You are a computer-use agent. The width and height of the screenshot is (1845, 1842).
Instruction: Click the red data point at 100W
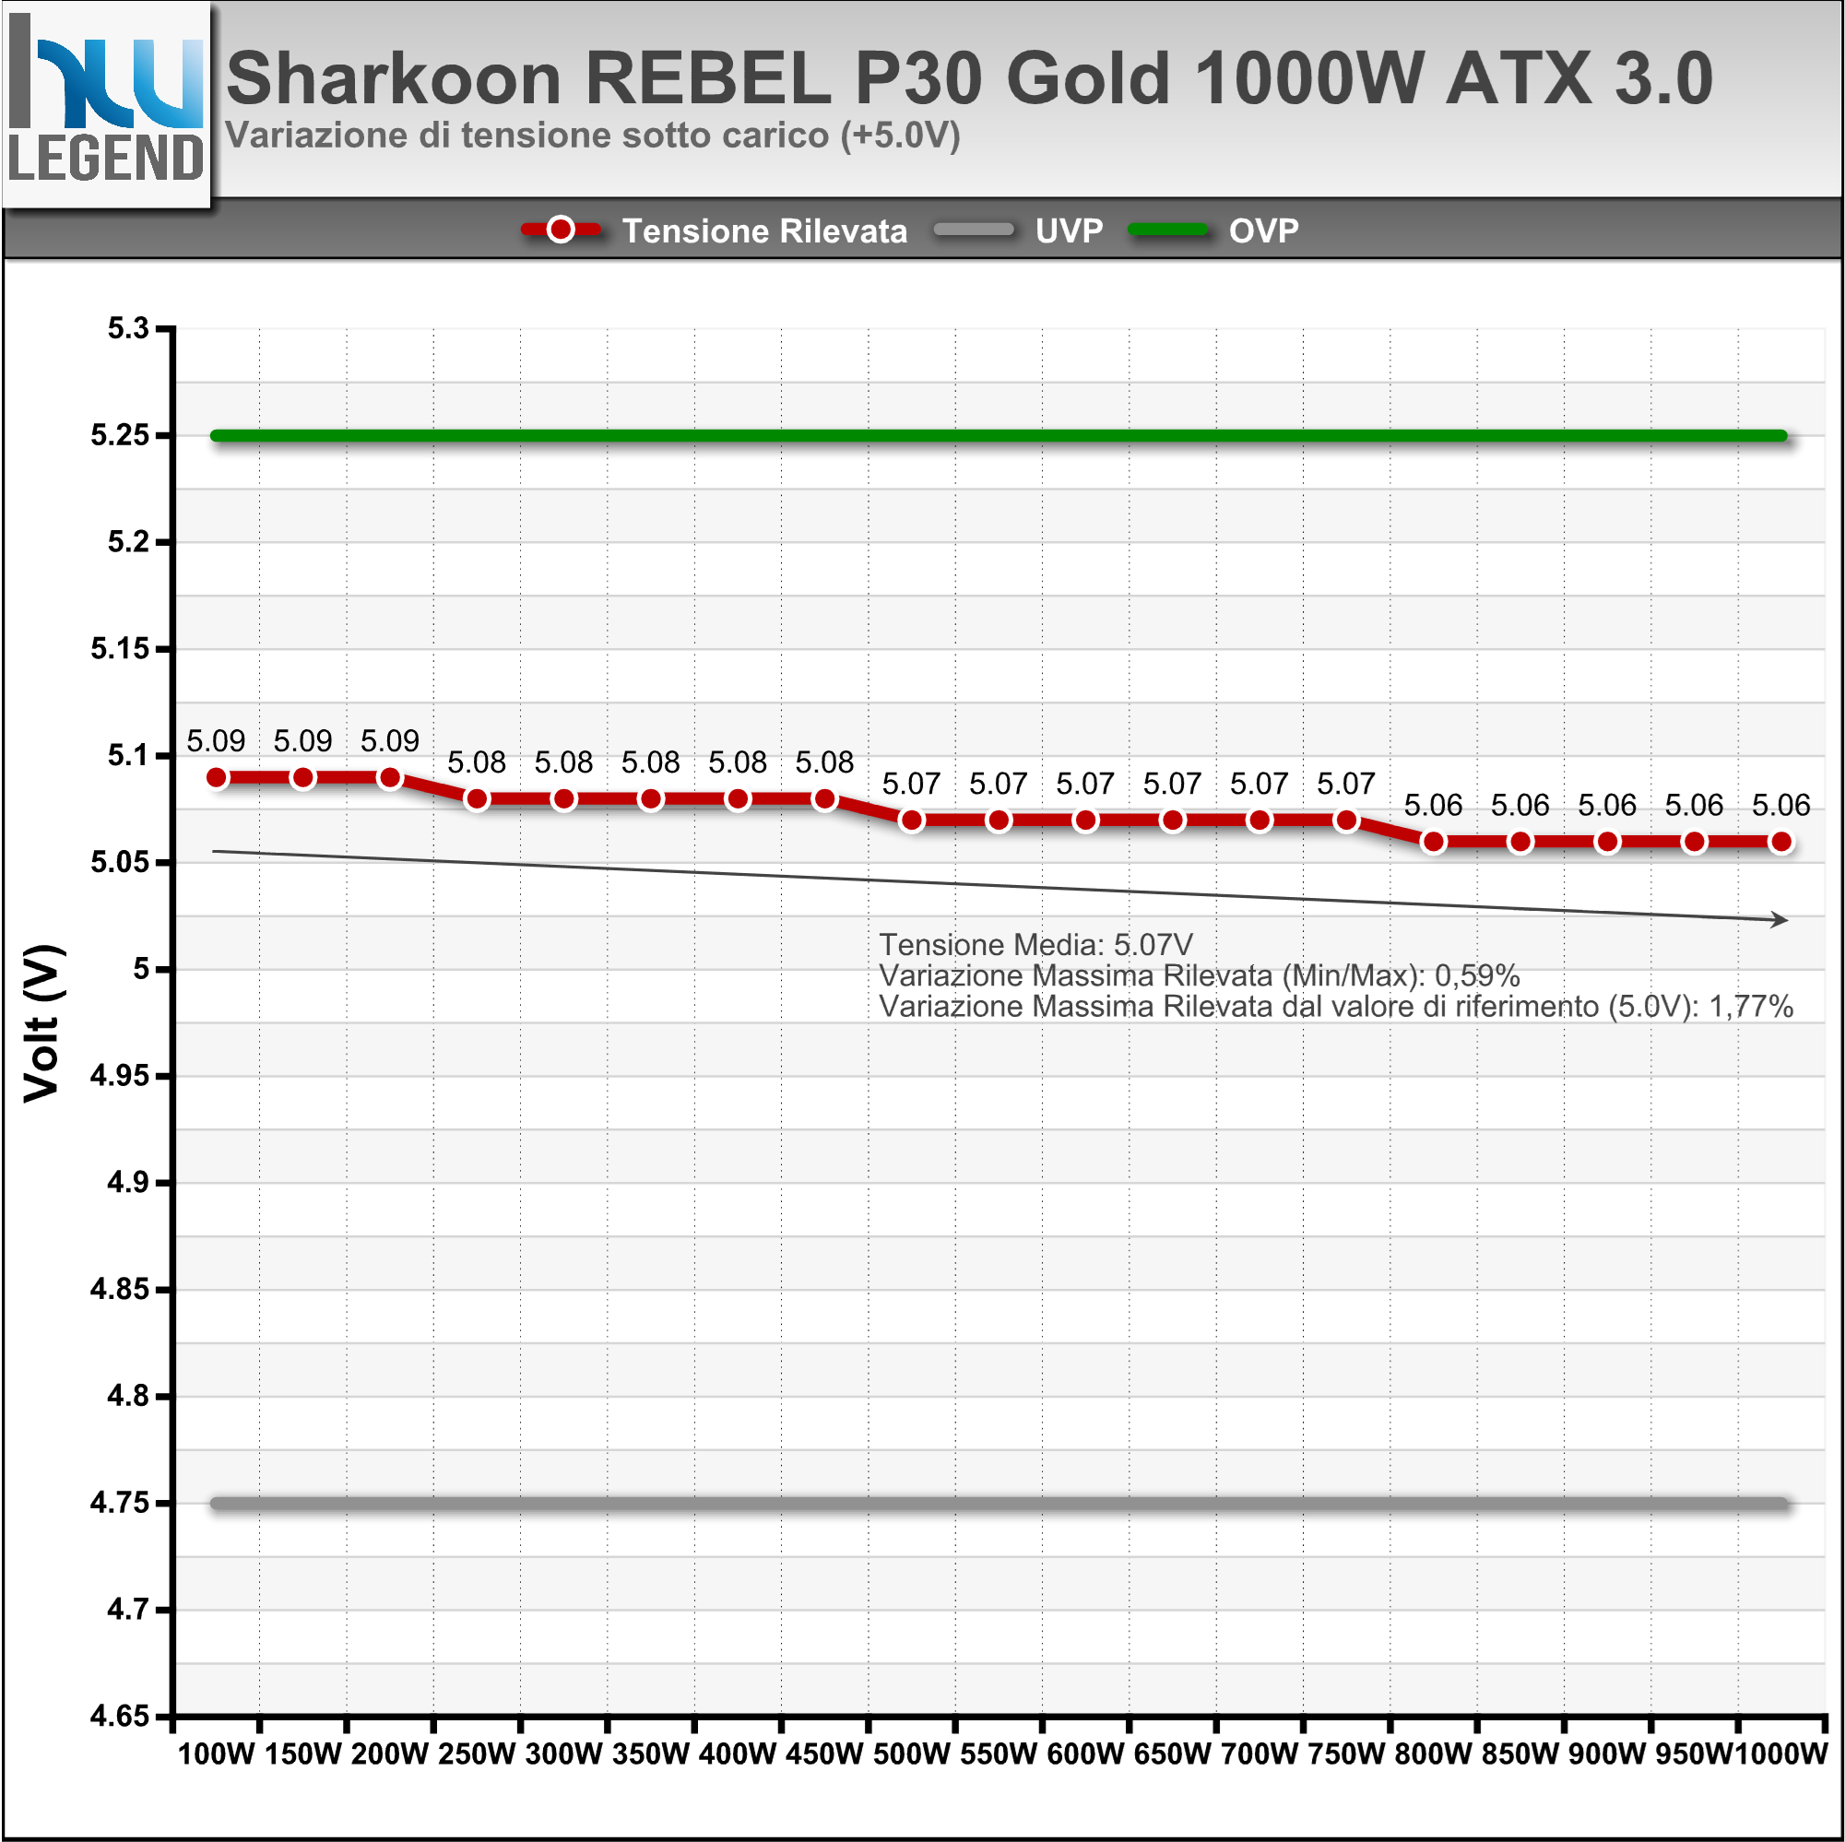pos(217,777)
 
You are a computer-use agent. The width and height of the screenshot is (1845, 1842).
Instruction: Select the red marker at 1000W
pos(1780,842)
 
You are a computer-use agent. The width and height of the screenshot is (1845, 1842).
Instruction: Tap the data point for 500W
pos(911,821)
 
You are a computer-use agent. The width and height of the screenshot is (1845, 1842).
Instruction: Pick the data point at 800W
pos(1433,842)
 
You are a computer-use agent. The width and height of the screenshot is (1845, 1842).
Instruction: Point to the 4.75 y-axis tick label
pos(120,1503)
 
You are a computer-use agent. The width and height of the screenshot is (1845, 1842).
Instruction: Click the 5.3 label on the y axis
pos(128,328)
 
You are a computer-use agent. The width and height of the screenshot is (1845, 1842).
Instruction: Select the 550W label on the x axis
pos(998,1754)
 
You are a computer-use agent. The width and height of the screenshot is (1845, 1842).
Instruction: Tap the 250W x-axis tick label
pos(477,1754)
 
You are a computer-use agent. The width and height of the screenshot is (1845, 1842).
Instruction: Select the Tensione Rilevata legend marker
pos(561,230)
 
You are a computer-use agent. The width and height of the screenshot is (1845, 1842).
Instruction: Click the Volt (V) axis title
pos(42,1022)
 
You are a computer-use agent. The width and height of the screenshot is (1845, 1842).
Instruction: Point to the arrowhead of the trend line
pos(1780,918)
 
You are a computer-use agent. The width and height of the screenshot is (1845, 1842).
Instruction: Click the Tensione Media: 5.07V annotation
pos(1035,944)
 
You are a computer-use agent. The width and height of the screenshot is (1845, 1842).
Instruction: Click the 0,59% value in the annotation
pos(1476,976)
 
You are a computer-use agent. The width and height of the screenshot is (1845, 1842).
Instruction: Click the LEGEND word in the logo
pos(106,158)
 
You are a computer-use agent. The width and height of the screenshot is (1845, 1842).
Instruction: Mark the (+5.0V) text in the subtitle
pos(900,135)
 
